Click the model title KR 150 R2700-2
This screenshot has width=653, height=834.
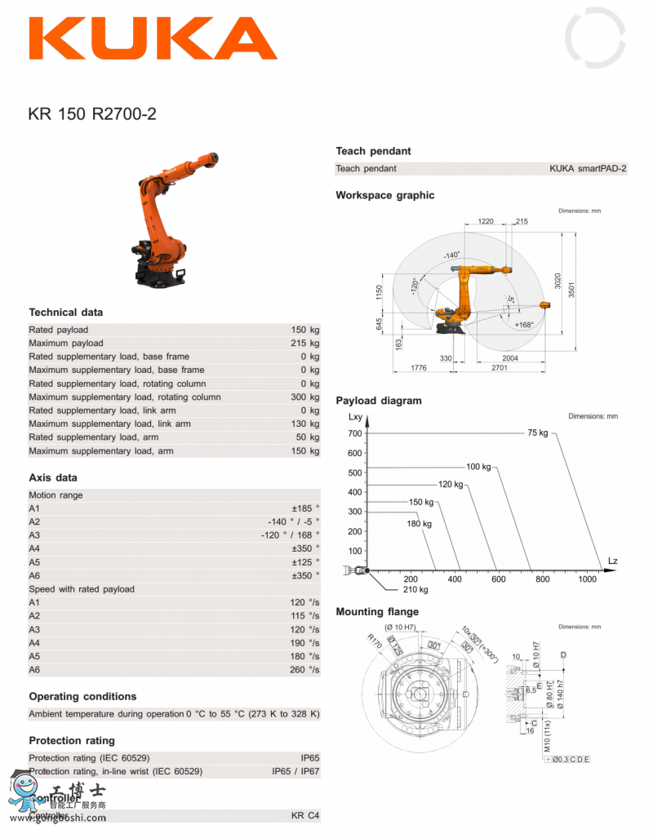coord(92,114)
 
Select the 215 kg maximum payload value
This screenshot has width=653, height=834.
coord(304,344)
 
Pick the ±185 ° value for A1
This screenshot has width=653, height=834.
coord(305,508)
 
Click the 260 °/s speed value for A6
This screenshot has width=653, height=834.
coord(304,670)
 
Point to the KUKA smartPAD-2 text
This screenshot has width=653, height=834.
coord(588,169)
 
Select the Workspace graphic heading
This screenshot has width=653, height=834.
coord(385,196)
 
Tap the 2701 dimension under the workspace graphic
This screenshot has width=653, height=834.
coord(500,368)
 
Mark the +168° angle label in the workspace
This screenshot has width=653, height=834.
coord(523,325)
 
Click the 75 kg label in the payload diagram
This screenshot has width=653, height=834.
coord(537,433)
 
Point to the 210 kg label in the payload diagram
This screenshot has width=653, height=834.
coord(415,589)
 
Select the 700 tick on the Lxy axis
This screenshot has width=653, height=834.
coord(354,434)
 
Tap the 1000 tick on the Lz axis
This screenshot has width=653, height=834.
coord(587,579)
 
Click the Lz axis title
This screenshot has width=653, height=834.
coord(613,560)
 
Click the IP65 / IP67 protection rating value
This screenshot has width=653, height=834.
coord(295,771)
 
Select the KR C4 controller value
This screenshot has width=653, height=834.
coord(305,816)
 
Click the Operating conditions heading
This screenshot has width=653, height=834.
coord(82,697)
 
